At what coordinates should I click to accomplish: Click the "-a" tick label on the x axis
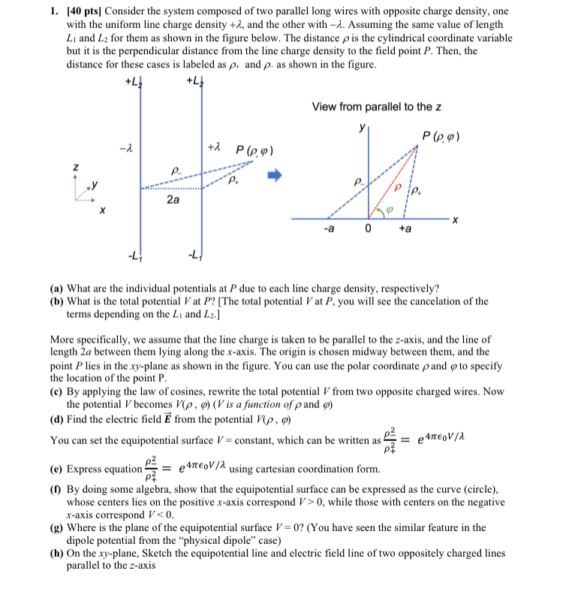pos(329,228)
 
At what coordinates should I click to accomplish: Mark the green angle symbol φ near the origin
pos(389,210)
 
